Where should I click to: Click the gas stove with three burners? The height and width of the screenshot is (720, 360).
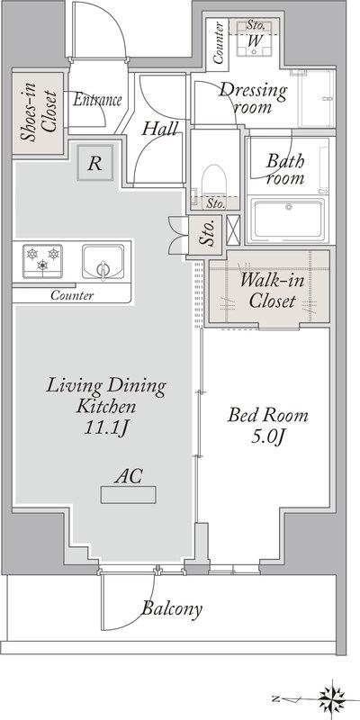coord(42,261)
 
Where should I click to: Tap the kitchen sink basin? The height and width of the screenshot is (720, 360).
coord(103,262)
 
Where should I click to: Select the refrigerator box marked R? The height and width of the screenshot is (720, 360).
coord(95,163)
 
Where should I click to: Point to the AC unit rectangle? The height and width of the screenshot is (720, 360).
coord(128,495)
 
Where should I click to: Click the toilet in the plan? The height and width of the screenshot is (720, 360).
coord(214,182)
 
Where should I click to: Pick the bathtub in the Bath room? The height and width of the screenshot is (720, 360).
coord(289,219)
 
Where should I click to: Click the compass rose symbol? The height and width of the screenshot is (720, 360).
coord(332,700)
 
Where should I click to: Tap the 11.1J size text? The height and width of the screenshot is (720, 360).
coord(105,428)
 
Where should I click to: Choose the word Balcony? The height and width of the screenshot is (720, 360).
coord(172,609)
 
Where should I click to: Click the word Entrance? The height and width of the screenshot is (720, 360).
coord(97,99)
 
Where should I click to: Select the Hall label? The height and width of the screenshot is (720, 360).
coord(159,129)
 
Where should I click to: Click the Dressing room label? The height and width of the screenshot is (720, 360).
coord(253,97)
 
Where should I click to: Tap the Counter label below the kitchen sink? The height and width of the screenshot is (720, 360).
coord(72,295)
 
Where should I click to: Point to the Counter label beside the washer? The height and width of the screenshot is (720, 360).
coord(219,42)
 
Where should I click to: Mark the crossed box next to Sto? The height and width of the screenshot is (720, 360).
coord(233,229)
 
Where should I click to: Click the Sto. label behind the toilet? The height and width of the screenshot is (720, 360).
coord(215,204)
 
